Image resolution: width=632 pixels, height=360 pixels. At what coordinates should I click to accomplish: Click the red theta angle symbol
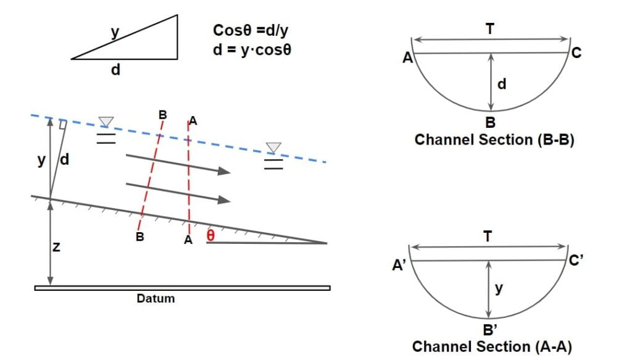click(x=211, y=235)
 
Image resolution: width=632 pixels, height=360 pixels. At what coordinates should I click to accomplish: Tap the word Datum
click(x=156, y=299)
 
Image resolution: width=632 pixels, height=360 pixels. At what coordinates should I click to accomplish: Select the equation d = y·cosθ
click(x=251, y=49)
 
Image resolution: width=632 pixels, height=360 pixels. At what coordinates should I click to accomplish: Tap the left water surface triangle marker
click(x=106, y=122)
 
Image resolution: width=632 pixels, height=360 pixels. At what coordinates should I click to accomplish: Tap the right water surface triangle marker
click(x=273, y=148)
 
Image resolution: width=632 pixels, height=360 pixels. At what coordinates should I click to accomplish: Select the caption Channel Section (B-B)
click(x=494, y=140)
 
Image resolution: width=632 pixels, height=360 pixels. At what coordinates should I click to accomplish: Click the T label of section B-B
click(x=489, y=28)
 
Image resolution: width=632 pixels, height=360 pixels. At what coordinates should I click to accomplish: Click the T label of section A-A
click(x=488, y=236)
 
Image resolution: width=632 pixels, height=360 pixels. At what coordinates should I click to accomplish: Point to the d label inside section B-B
click(x=501, y=84)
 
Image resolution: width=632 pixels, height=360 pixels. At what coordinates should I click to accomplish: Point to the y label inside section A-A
click(x=498, y=288)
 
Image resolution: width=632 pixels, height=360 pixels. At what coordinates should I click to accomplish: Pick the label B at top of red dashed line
click(x=162, y=114)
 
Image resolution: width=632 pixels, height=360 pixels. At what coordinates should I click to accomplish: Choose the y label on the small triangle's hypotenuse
click(x=115, y=31)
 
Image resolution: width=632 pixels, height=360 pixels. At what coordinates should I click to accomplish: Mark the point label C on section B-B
click(x=576, y=54)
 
